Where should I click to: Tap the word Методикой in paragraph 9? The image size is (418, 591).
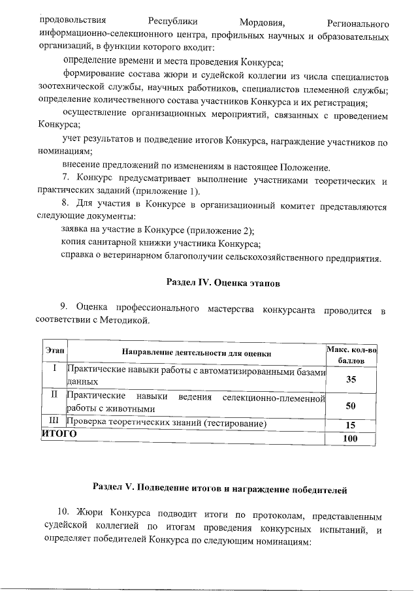[x=126, y=319]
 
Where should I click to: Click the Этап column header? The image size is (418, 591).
[x=54, y=351]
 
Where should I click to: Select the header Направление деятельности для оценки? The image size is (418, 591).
[x=197, y=353]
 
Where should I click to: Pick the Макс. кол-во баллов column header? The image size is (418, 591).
[x=351, y=356]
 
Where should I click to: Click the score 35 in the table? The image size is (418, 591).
[x=351, y=379]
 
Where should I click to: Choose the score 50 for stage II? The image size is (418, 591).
[x=351, y=406]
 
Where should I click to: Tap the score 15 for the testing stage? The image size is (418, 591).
[x=351, y=424]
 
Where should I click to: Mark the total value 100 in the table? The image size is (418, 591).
[x=351, y=439]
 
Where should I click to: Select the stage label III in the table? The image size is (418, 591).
[x=54, y=423]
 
